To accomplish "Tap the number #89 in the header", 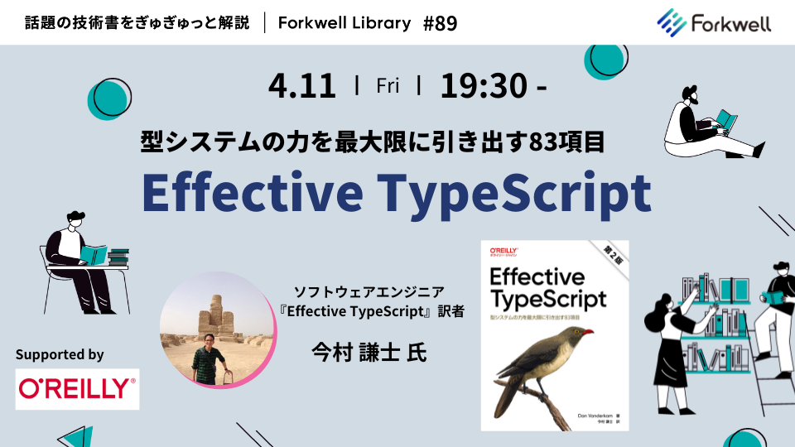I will point(440,23).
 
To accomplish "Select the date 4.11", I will point(302,85).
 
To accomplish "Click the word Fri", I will point(388,85).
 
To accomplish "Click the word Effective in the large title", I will point(253,191).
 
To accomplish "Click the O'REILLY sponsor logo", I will point(78,387).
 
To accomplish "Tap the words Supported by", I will point(60,354).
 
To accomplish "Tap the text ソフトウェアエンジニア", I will point(369,291).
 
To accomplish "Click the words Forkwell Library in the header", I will point(344,23).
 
